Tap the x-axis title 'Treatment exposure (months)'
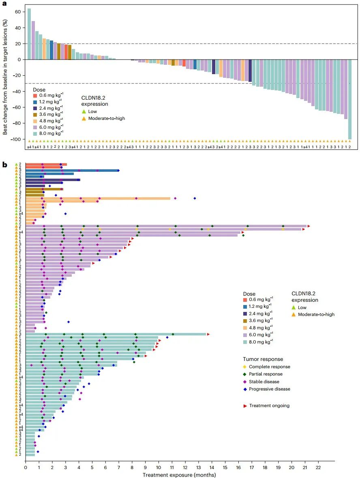pos(179,474)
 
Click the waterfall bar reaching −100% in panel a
pos(350,99)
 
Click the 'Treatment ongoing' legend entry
pos(269,405)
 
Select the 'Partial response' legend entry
pos(268,374)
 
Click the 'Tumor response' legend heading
pos(263,359)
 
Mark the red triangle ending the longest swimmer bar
pos(309,226)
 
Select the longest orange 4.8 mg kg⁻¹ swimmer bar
pos(97,198)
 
